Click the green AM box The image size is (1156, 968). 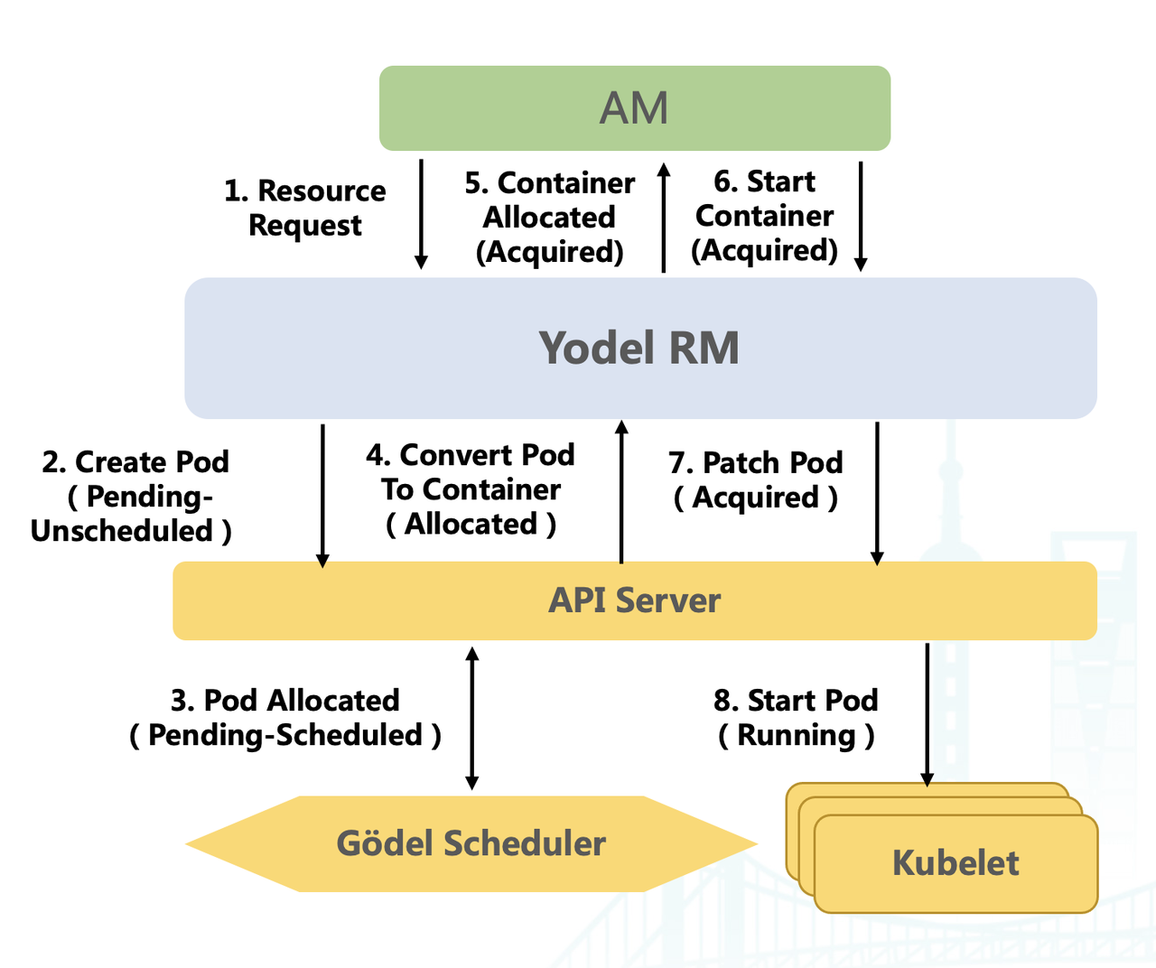click(x=634, y=108)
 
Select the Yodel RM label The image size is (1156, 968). click(x=639, y=348)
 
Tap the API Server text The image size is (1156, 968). click(x=635, y=600)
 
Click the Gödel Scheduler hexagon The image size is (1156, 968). click(x=471, y=843)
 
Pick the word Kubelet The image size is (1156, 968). click(x=956, y=863)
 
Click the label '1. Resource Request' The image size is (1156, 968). click(x=305, y=208)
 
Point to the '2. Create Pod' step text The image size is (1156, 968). click(x=135, y=462)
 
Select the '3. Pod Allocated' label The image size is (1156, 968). click(x=285, y=701)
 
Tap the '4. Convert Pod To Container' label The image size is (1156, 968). click(x=471, y=472)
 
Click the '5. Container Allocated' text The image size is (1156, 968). click(x=550, y=200)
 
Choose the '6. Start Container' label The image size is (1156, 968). click(x=765, y=199)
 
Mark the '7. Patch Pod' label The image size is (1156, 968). click(x=756, y=463)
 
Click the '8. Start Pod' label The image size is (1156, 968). click(x=796, y=701)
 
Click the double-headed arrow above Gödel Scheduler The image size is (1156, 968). click(x=471, y=718)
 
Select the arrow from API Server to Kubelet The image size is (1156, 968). click(x=927, y=713)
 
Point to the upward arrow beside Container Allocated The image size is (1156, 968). click(x=664, y=217)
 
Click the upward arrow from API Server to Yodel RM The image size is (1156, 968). click(x=621, y=492)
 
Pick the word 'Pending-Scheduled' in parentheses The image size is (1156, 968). click(x=285, y=736)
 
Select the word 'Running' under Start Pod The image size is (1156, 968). click(x=796, y=736)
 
